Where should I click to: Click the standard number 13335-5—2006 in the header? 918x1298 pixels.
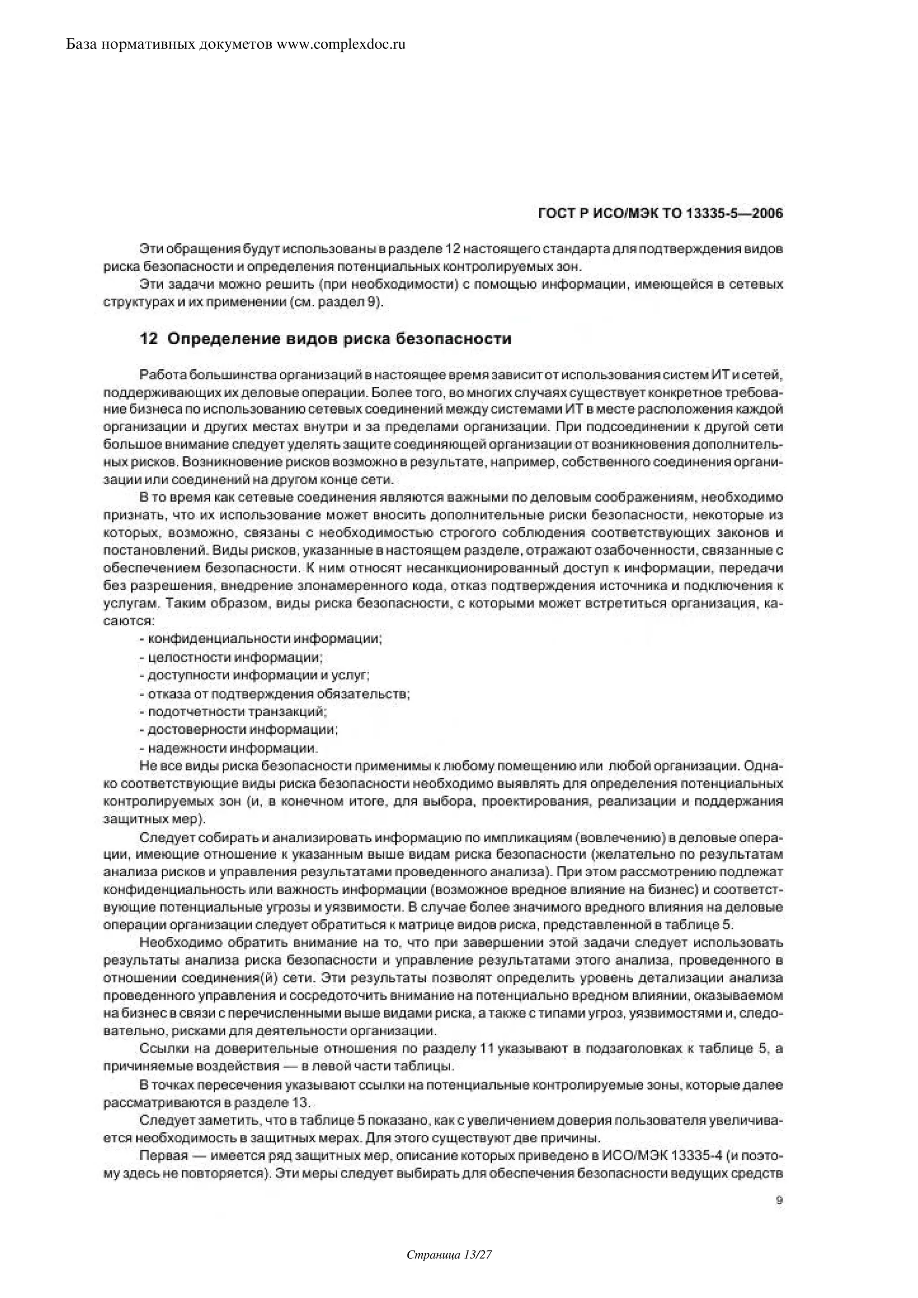click(734, 214)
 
